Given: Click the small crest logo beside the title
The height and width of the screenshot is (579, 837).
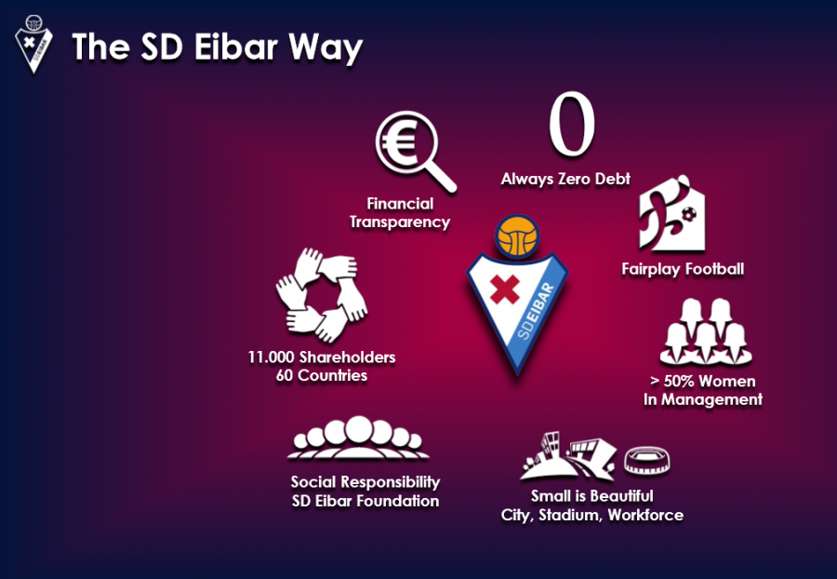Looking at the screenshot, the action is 33,44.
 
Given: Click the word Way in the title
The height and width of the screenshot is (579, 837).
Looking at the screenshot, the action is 325,48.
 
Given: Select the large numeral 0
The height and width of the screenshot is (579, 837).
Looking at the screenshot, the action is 572,124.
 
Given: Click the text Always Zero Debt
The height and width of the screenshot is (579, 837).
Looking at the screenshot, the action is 565,179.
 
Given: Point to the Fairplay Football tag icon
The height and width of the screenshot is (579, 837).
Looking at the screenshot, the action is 672,213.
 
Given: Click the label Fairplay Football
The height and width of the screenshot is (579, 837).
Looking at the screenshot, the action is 683,269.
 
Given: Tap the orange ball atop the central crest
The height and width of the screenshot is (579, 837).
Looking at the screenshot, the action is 517,236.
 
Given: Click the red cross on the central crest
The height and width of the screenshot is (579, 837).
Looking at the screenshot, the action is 504,289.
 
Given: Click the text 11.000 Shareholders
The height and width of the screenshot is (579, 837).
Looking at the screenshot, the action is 322,357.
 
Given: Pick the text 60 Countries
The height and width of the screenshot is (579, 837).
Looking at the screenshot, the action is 322,375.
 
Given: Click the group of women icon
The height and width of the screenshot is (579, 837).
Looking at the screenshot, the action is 705,331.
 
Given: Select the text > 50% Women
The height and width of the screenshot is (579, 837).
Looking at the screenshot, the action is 702,381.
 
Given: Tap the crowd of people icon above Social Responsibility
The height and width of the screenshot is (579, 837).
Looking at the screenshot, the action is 358,438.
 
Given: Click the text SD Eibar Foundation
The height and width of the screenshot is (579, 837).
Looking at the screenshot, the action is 365,501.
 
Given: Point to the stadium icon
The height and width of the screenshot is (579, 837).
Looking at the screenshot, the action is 647,461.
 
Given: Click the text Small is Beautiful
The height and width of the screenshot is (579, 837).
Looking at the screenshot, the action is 592,496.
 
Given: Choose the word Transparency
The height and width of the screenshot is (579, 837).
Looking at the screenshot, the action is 400,222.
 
